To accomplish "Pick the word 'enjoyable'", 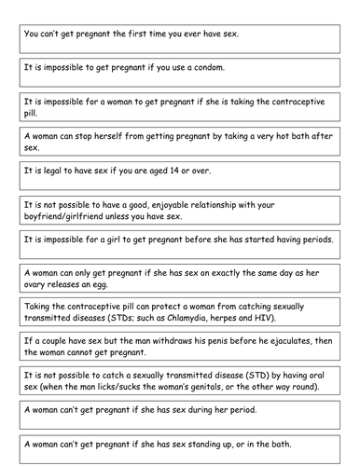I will (x=167, y=204).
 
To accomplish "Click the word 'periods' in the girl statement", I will (x=310, y=240).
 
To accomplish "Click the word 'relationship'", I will (x=234, y=204).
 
